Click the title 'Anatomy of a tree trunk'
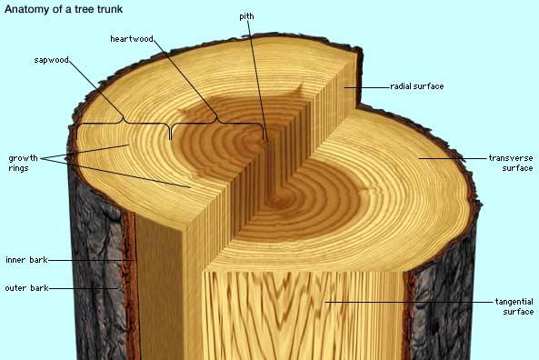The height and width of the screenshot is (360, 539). click(x=64, y=9)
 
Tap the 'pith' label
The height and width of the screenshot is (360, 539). click(x=246, y=16)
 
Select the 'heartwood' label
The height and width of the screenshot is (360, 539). click(x=132, y=39)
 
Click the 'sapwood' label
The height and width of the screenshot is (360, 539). click(x=52, y=60)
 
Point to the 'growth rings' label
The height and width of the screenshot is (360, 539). click(x=23, y=163)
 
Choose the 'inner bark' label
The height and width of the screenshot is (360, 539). click(x=26, y=260)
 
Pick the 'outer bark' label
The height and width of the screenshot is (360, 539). click(x=26, y=288)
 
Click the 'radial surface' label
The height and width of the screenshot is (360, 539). click(x=416, y=86)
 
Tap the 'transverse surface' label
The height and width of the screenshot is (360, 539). click(x=511, y=163)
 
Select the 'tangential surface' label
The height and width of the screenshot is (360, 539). click(x=514, y=306)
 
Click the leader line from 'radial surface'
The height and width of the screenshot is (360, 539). click(x=367, y=87)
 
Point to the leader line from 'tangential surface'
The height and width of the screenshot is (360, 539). click(x=409, y=302)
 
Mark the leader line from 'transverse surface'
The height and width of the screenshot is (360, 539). click(x=453, y=158)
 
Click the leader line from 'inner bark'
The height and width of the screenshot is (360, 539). click(x=91, y=260)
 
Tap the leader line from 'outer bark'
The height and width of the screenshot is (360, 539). click(x=84, y=288)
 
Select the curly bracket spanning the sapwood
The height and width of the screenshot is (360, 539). click(x=123, y=123)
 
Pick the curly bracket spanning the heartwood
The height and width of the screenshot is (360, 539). click(x=217, y=123)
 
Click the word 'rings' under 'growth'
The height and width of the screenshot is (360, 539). click(x=18, y=168)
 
